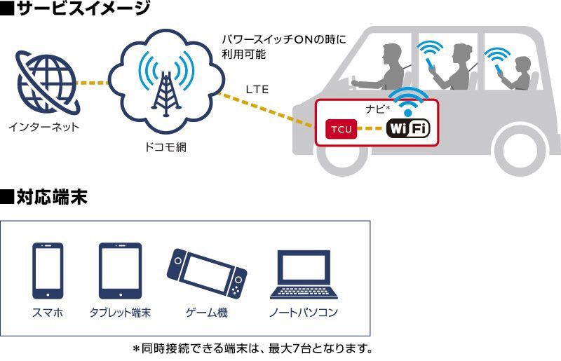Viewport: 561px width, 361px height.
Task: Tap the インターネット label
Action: tap(44, 127)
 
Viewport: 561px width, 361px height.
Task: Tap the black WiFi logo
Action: tap(408, 129)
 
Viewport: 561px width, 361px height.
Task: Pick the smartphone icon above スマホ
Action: tap(48, 271)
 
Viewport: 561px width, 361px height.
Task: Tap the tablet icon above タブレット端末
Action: tap(120, 271)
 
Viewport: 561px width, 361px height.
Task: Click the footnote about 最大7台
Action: tap(252, 348)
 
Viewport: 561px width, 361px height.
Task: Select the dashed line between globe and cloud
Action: tap(91, 83)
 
